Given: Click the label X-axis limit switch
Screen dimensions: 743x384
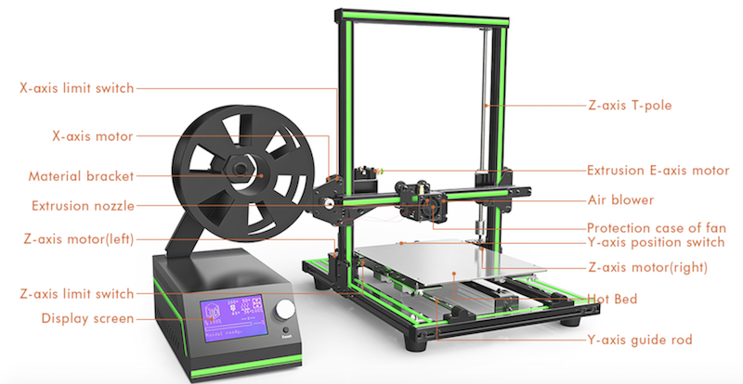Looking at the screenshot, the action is point(77,88).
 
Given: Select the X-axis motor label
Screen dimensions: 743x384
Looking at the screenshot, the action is point(92,136).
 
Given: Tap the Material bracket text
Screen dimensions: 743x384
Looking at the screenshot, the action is point(81,176).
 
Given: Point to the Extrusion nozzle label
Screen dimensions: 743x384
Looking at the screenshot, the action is point(83,206).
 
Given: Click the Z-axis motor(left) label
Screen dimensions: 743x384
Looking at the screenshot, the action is point(79,239).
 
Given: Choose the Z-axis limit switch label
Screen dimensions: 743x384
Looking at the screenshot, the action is point(77,293).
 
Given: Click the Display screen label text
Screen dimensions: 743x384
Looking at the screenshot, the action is point(87,318).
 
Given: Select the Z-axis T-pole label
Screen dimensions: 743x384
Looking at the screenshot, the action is point(630,105).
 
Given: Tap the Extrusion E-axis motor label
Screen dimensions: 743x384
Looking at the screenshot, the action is point(658,171).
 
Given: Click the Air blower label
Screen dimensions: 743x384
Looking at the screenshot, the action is point(620,199).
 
